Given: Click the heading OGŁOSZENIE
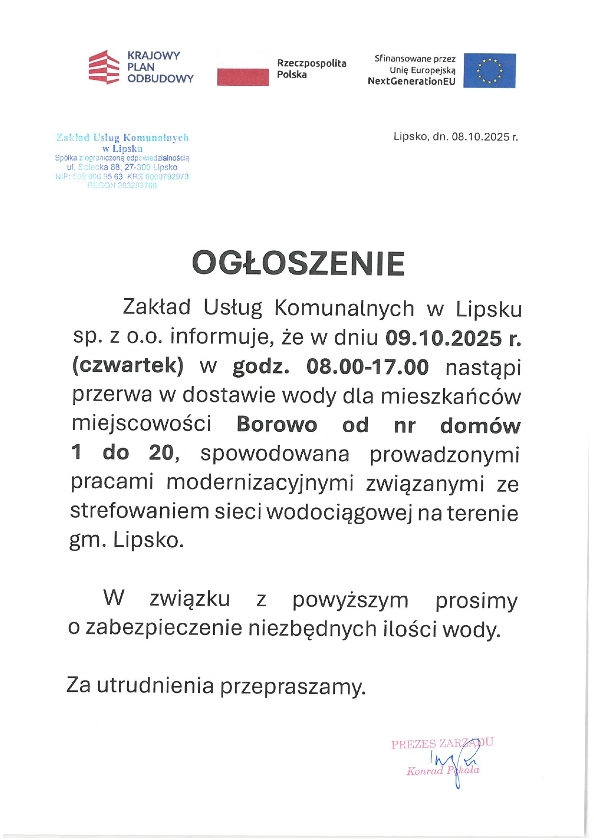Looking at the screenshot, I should [x=298, y=263].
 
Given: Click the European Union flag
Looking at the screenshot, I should [x=489, y=70].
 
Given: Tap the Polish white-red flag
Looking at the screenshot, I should [x=243, y=69].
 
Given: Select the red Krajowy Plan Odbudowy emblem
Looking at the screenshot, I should [x=103, y=67].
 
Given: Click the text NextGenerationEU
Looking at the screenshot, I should [x=411, y=81].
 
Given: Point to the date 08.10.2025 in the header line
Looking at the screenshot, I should [x=480, y=137].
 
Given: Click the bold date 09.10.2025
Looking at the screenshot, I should [x=444, y=338].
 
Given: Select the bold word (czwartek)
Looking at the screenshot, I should [x=128, y=366].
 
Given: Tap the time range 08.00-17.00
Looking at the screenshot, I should [x=367, y=367].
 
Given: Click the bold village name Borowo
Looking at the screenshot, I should [x=277, y=425].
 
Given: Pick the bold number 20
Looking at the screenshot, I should [x=161, y=453].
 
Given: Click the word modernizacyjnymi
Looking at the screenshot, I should [x=260, y=483].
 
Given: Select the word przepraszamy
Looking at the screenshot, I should [x=292, y=686].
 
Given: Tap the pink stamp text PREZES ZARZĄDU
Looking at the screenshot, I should [x=442, y=744].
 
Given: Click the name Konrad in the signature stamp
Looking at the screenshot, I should [x=425, y=771].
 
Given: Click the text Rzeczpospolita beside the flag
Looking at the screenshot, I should [x=311, y=63].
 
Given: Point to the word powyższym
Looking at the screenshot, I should [x=350, y=600].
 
